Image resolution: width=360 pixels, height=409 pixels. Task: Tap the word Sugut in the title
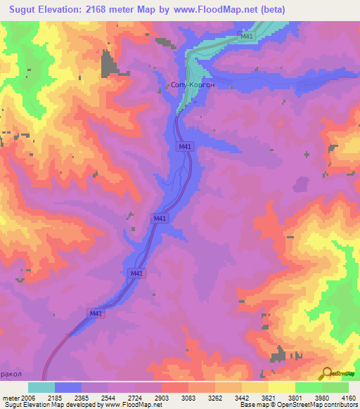point(22,11)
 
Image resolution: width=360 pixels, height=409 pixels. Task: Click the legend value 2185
point(55,397)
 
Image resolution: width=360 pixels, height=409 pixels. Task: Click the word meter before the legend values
point(11,397)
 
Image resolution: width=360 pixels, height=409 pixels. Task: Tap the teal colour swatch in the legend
point(41,387)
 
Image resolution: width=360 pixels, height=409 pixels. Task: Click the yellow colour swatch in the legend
point(282,387)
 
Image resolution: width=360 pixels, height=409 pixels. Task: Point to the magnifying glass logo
point(327,373)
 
